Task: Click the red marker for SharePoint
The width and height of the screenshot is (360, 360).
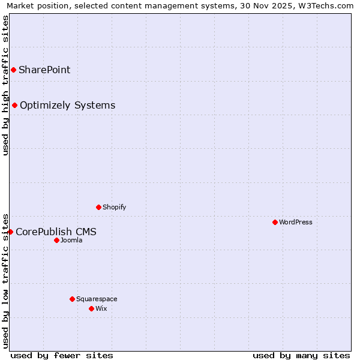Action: (13, 70)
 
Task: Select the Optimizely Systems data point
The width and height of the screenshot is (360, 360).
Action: (15, 106)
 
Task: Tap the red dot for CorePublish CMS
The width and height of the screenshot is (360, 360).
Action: (10, 232)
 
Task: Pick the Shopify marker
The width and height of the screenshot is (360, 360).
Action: (99, 208)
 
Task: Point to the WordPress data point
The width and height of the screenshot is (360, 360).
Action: (275, 223)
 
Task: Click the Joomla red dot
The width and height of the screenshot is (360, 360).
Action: (57, 241)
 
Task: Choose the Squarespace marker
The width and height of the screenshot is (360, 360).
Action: (73, 299)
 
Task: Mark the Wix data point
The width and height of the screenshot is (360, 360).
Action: (92, 309)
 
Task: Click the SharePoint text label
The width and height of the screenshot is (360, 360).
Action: (44, 70)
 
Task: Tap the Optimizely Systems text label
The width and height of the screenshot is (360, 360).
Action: (67, 106)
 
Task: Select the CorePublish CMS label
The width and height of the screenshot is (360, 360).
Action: (56, 232)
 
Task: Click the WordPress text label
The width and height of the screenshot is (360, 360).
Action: (296, 223)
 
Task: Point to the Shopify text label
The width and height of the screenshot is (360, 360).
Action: (115, 208)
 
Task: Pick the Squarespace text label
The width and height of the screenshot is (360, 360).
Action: (97, 299)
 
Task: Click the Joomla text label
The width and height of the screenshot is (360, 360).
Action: (71, 241)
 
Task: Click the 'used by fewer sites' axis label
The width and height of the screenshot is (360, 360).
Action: (62, 356)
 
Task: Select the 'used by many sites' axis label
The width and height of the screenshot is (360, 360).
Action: (301, 356)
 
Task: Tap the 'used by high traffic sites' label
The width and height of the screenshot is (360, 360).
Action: (5, 85)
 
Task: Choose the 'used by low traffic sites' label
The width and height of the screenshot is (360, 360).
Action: (5, 280)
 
